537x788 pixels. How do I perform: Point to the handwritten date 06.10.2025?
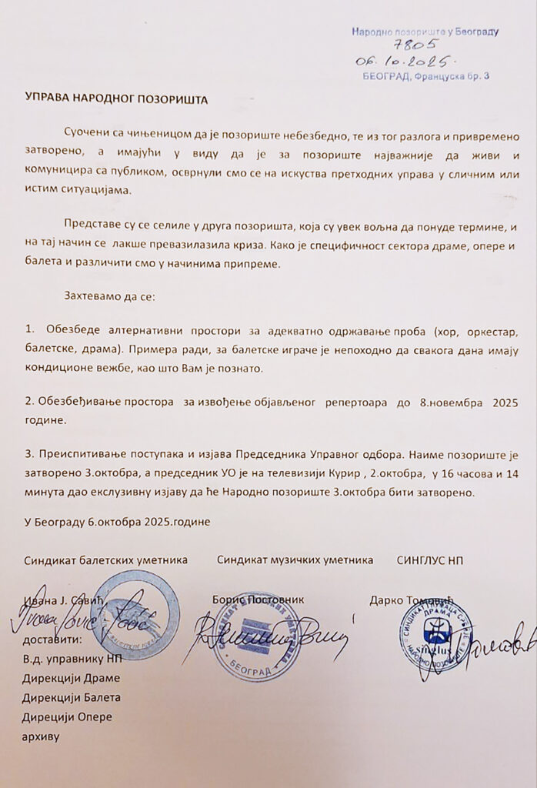tap(406, 61)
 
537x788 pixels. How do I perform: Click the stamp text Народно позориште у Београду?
tap(425, 32)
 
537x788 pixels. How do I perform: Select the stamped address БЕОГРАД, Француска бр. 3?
tap(425, 75)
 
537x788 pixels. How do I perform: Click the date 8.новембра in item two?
tap(438, 402)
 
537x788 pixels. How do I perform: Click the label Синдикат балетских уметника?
tap(105, 560)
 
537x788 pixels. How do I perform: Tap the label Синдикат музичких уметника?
tap(295, 560)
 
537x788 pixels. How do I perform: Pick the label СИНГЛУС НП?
tap(430, 560)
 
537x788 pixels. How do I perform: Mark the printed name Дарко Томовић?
tap(412, 599)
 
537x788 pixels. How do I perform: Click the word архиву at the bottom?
tap(42, 737)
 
